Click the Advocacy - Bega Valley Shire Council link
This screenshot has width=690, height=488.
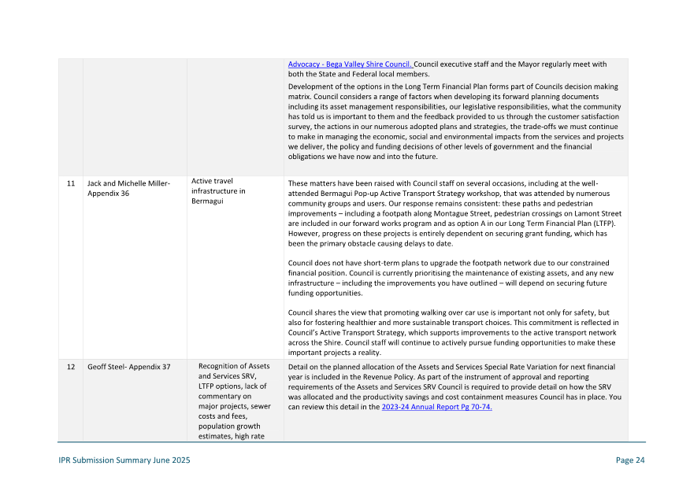[x=350, y=65]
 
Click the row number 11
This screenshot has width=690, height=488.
[x=70, y=183]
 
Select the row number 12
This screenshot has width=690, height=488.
[x=70, y=367]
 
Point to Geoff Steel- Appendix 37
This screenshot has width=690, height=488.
[x=128, y=367]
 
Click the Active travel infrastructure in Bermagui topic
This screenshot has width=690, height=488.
[x=218, y=190]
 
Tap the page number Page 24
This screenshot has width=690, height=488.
[x=630, y=460]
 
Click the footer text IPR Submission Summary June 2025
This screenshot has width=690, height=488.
[x=124, y=460]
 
